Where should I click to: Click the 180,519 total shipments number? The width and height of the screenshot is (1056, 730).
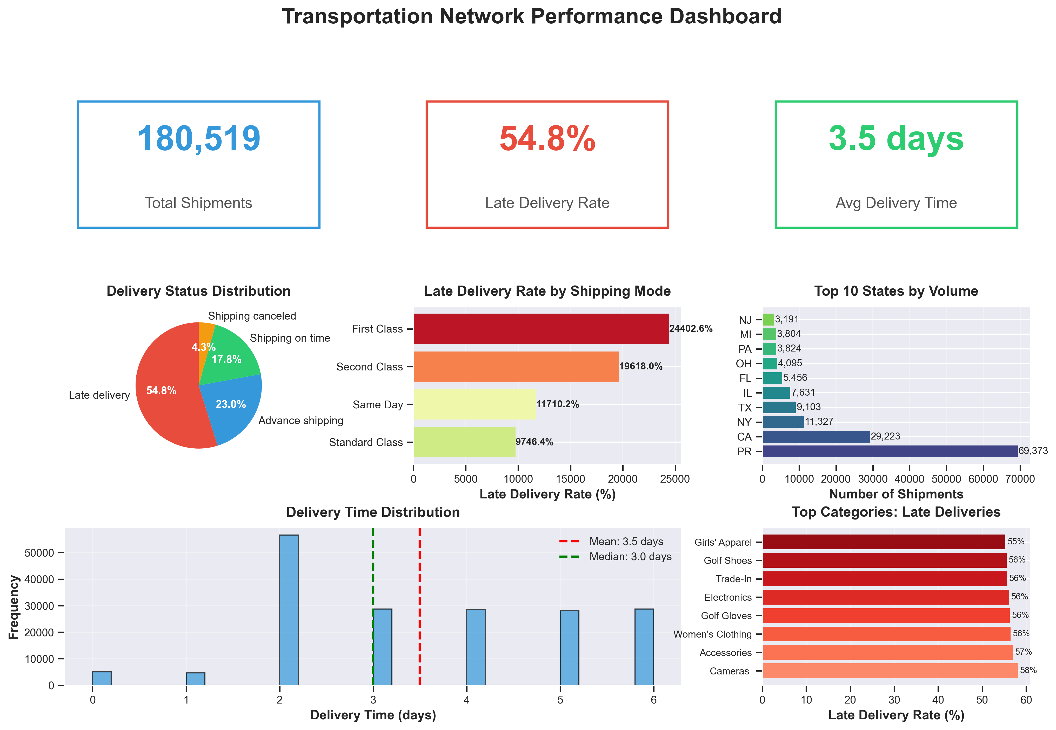[x=199, y=139]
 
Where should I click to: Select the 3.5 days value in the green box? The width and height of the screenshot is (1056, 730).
[x=896, y=139]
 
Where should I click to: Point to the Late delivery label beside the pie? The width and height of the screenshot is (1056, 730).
[x=99, y=395]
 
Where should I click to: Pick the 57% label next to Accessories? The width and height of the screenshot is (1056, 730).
[x=1023, y=652]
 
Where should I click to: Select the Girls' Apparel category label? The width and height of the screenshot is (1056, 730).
[x=723, y=543]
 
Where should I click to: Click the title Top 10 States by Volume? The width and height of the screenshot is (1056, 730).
[x=895, y=291]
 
